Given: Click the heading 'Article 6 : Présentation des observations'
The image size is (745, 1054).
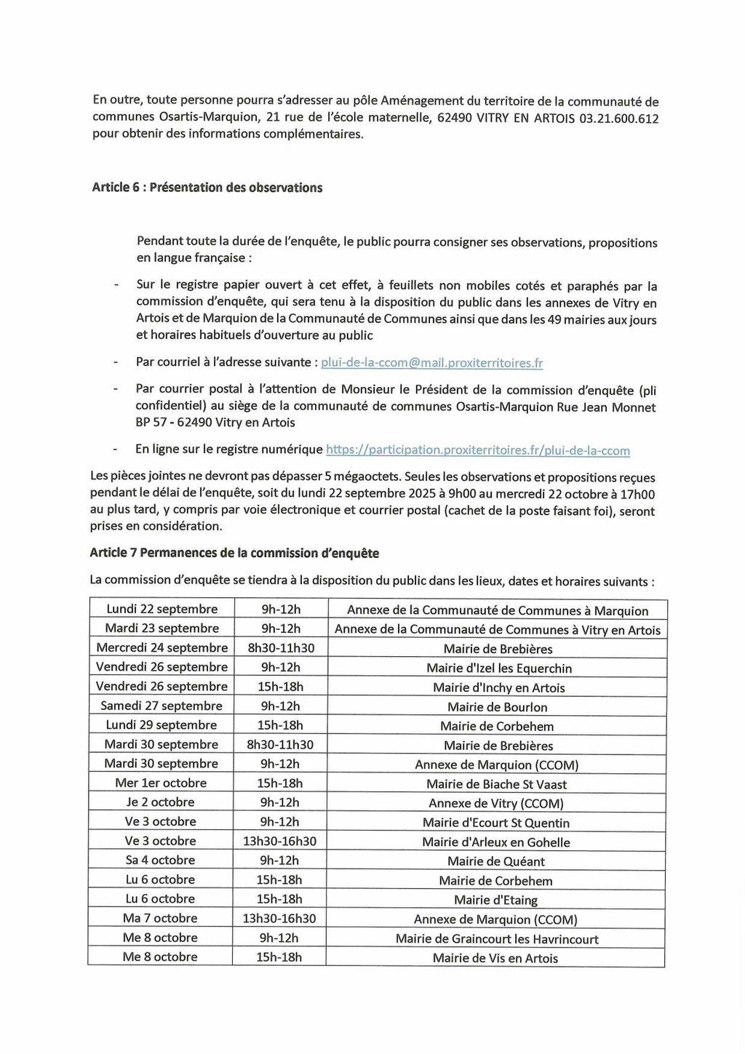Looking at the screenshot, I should tap(207, 188).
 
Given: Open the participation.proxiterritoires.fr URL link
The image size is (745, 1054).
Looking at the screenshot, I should tap(478, 450).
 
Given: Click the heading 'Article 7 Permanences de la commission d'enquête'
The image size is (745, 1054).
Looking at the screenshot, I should tap(234, 553).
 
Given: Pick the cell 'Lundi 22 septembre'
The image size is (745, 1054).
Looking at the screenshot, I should tap(162, 610).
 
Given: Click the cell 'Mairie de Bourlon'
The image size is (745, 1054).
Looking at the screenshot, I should tap(498, 707).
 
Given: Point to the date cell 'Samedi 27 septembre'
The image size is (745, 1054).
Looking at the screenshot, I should tap(162, 706).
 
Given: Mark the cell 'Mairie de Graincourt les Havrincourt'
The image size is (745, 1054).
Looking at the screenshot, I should tap(497, 939).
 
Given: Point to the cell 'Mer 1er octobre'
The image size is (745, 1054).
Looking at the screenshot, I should tap(161, 783).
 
